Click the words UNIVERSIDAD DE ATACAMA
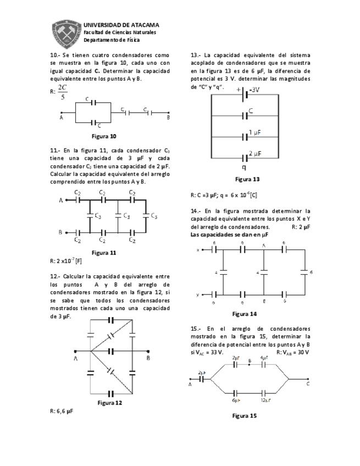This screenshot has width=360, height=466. coord(121,25)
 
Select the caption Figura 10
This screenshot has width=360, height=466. coord(104,136)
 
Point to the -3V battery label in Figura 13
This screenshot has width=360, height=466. coord(254,89)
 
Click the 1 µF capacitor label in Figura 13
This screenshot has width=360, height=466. coord(254,132)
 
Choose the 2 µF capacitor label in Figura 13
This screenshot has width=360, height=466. coord(255,153)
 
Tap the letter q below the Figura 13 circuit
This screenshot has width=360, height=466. coord(243,168)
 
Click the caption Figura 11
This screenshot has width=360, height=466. coord(104,252)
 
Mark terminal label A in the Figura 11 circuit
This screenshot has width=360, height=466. coord(60,201)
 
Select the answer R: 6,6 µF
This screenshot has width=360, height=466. coord(61,410)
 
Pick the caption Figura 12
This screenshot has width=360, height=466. coord(109,402)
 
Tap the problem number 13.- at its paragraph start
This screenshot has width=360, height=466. coord(196,55)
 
